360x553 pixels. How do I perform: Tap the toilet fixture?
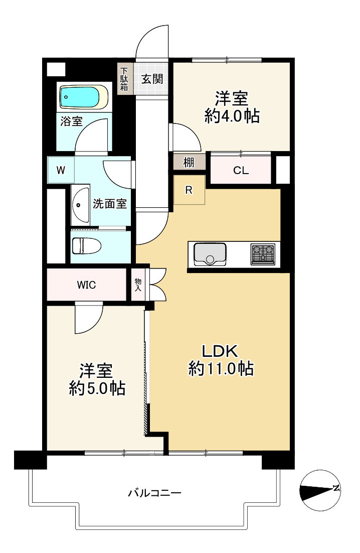(86, 245)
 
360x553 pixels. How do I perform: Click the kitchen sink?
(210, 254)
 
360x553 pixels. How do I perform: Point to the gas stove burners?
(263, 254)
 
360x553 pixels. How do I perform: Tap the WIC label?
(86, 285)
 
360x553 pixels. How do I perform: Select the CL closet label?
(241, 171)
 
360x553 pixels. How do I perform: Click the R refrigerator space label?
(189, 191)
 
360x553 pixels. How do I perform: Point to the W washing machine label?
(61, 170)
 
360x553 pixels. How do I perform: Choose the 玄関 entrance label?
(152, 79)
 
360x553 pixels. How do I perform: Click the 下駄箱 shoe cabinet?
(124, 79)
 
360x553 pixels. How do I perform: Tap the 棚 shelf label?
(189, 163)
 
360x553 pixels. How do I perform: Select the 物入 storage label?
(138, 284)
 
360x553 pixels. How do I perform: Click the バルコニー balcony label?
(154, 492)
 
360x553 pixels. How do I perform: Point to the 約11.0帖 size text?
(221, 369)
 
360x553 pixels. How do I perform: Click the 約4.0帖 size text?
(232, 116)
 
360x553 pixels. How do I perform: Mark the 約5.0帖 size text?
(97, 388)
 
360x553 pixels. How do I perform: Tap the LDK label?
(220, 351)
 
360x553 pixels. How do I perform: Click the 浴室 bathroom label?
(72, 121)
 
